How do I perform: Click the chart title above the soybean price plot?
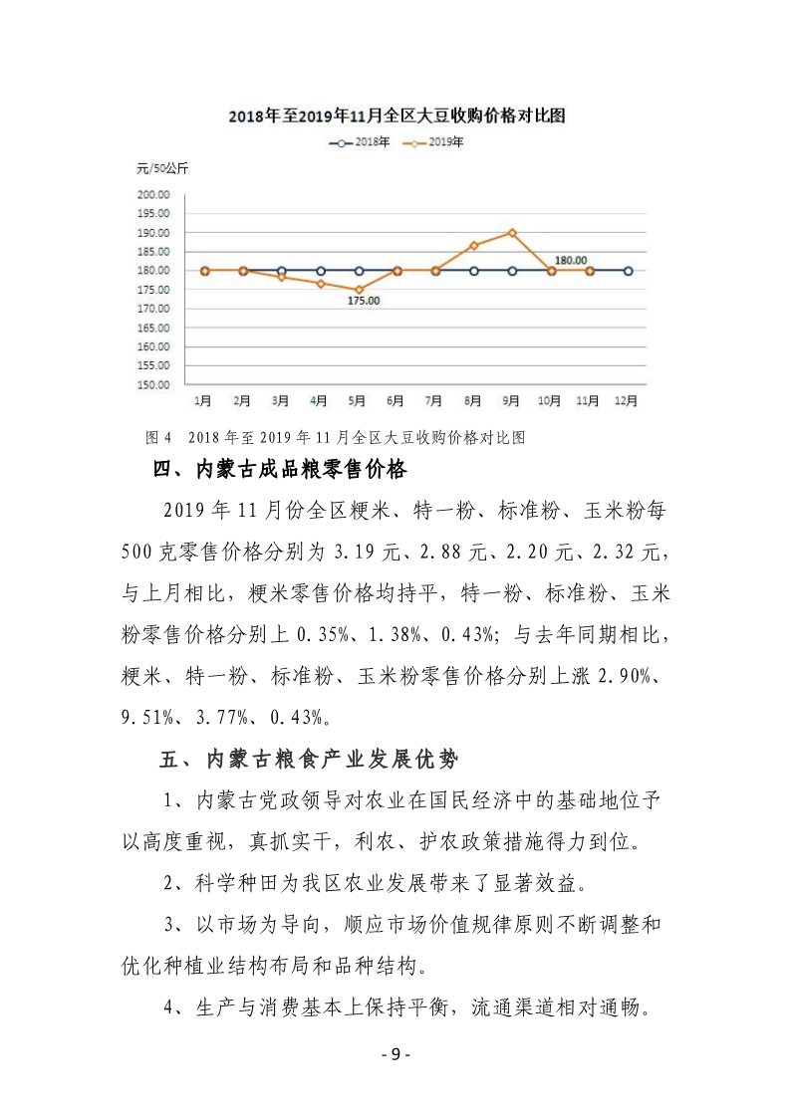tap(396, 116)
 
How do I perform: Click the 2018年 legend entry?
tap(357, 142)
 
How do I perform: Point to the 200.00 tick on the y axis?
tap(154, 194)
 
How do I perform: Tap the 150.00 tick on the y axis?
tap(154, 384)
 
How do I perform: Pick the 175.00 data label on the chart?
tap(364, 301)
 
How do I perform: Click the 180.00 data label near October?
tap(571, 260)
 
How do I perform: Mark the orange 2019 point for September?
tap(512, 233)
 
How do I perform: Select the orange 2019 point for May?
tap(359, 290)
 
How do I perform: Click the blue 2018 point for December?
tap(628, 271)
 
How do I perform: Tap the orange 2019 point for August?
tap(474, 245)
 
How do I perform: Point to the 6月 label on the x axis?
tap(395, 401)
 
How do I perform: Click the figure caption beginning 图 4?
tap(335, 437)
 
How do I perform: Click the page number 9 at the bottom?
tap(395, 1055)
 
